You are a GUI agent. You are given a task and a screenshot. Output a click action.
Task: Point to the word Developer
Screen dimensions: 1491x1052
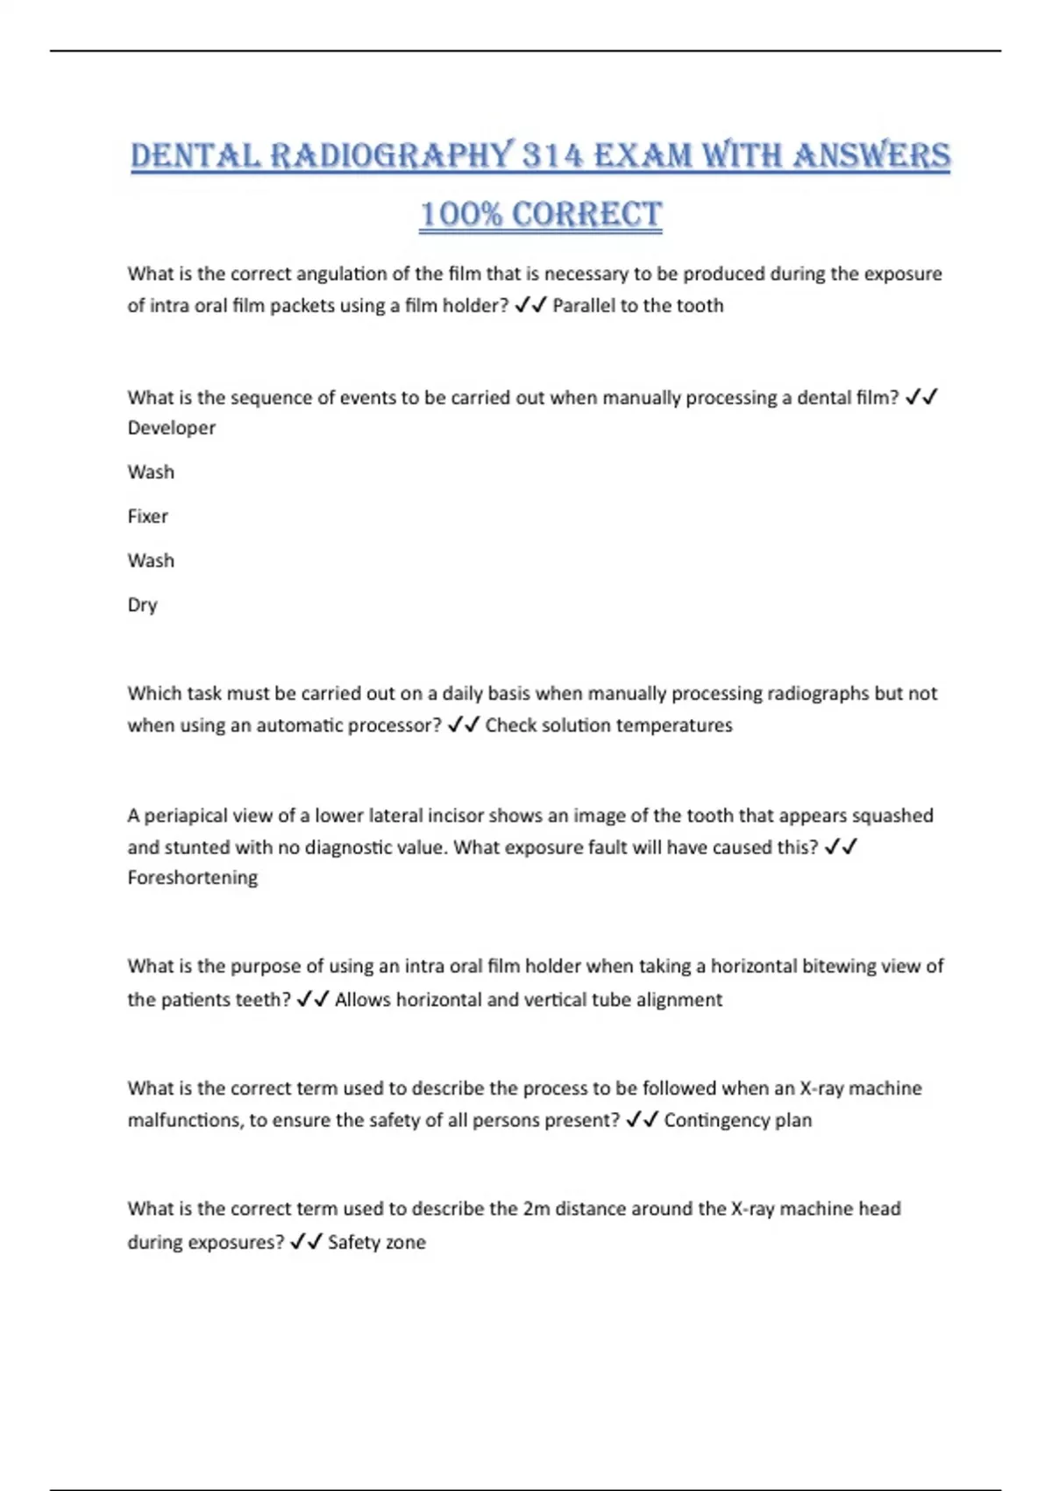click(171, 428)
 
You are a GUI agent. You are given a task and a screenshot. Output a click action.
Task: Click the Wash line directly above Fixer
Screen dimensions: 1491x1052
click(151, 472)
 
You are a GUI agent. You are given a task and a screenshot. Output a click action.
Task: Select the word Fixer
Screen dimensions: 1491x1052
click(147, 517)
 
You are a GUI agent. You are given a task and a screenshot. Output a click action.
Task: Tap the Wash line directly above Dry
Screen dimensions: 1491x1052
click(151, 560)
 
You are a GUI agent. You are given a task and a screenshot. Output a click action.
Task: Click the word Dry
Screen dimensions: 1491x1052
click(142, 605)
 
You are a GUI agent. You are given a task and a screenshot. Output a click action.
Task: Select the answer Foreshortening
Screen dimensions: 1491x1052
click(193, 878)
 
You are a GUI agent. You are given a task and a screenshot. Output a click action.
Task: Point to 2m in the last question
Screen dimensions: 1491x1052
click(536, 1209)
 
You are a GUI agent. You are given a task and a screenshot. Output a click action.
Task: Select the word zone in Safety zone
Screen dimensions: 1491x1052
click(405, 1242)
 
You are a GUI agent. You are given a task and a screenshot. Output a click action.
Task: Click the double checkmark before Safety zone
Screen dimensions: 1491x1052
click(306, 1241)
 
